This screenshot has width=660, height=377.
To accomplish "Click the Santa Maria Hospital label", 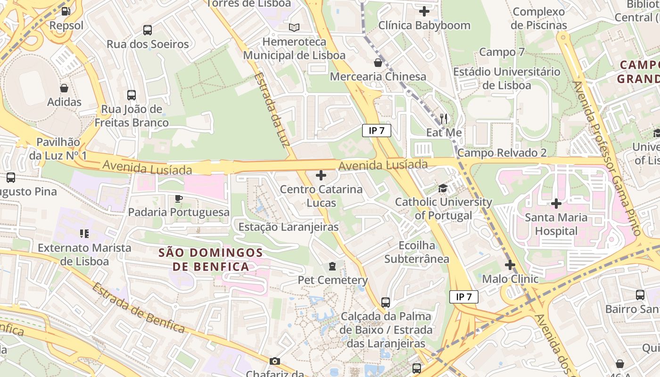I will (556, 224).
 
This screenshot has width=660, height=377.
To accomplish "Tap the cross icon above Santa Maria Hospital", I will (556, 204).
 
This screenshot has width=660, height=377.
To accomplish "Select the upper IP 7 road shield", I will (377, 131).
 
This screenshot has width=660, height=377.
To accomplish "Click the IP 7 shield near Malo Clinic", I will (464, 297).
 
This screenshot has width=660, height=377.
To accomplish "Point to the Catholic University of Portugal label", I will (443, 209).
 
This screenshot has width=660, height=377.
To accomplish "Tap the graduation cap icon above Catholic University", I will (443, 189).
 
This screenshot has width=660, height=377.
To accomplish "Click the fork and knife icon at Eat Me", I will (444, 118).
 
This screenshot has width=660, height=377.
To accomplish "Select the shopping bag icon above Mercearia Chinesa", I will (378, 62).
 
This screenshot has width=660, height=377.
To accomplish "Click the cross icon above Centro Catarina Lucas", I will (321, 176).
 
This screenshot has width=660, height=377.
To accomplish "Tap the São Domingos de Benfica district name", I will (211, 260).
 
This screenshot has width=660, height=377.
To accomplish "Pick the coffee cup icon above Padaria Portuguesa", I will (179, 198).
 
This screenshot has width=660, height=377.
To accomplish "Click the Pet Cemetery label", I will (333, 280).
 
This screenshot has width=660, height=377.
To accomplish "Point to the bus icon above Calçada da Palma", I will (386, 302).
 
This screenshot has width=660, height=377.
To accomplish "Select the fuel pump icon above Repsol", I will (66, 11).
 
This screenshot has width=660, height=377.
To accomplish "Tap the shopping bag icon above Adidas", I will (64, 88).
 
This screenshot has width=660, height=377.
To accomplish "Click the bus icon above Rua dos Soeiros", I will (148, 30).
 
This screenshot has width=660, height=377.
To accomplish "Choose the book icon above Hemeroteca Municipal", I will (294, 28).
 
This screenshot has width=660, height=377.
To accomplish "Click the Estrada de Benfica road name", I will (138, 308).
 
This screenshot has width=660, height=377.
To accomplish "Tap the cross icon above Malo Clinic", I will (510, 265).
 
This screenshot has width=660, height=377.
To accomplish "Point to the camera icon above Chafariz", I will (275, 361).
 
